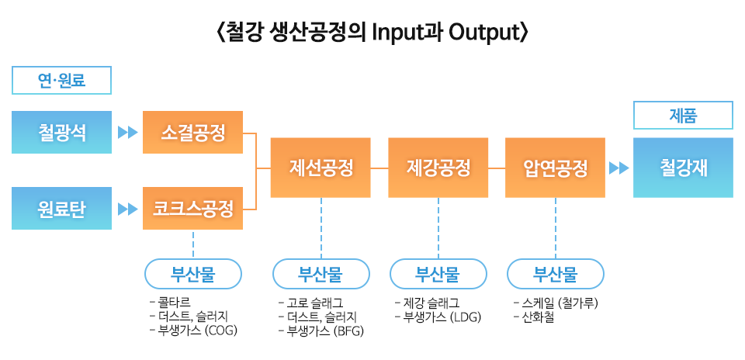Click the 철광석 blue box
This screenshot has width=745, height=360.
[62, 133]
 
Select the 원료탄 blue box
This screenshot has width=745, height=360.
[62, 208]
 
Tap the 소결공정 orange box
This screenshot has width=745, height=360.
[193, 133]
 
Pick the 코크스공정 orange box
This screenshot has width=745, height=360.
[193, 208]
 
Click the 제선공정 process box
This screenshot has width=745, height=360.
[321, 168]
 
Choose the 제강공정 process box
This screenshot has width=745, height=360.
[438, 168]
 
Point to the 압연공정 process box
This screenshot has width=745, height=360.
[556, 168]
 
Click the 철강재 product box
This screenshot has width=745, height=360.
[683, 168]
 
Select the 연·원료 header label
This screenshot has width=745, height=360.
[62, 80]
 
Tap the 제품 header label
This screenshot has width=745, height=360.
[683, 116]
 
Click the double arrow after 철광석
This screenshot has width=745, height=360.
[127, 133]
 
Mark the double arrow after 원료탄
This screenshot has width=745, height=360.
[127, 208]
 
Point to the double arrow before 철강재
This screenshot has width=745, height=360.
[619, 168]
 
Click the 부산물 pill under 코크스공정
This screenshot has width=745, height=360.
[193, 273]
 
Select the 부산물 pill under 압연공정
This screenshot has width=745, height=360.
[555, 273]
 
